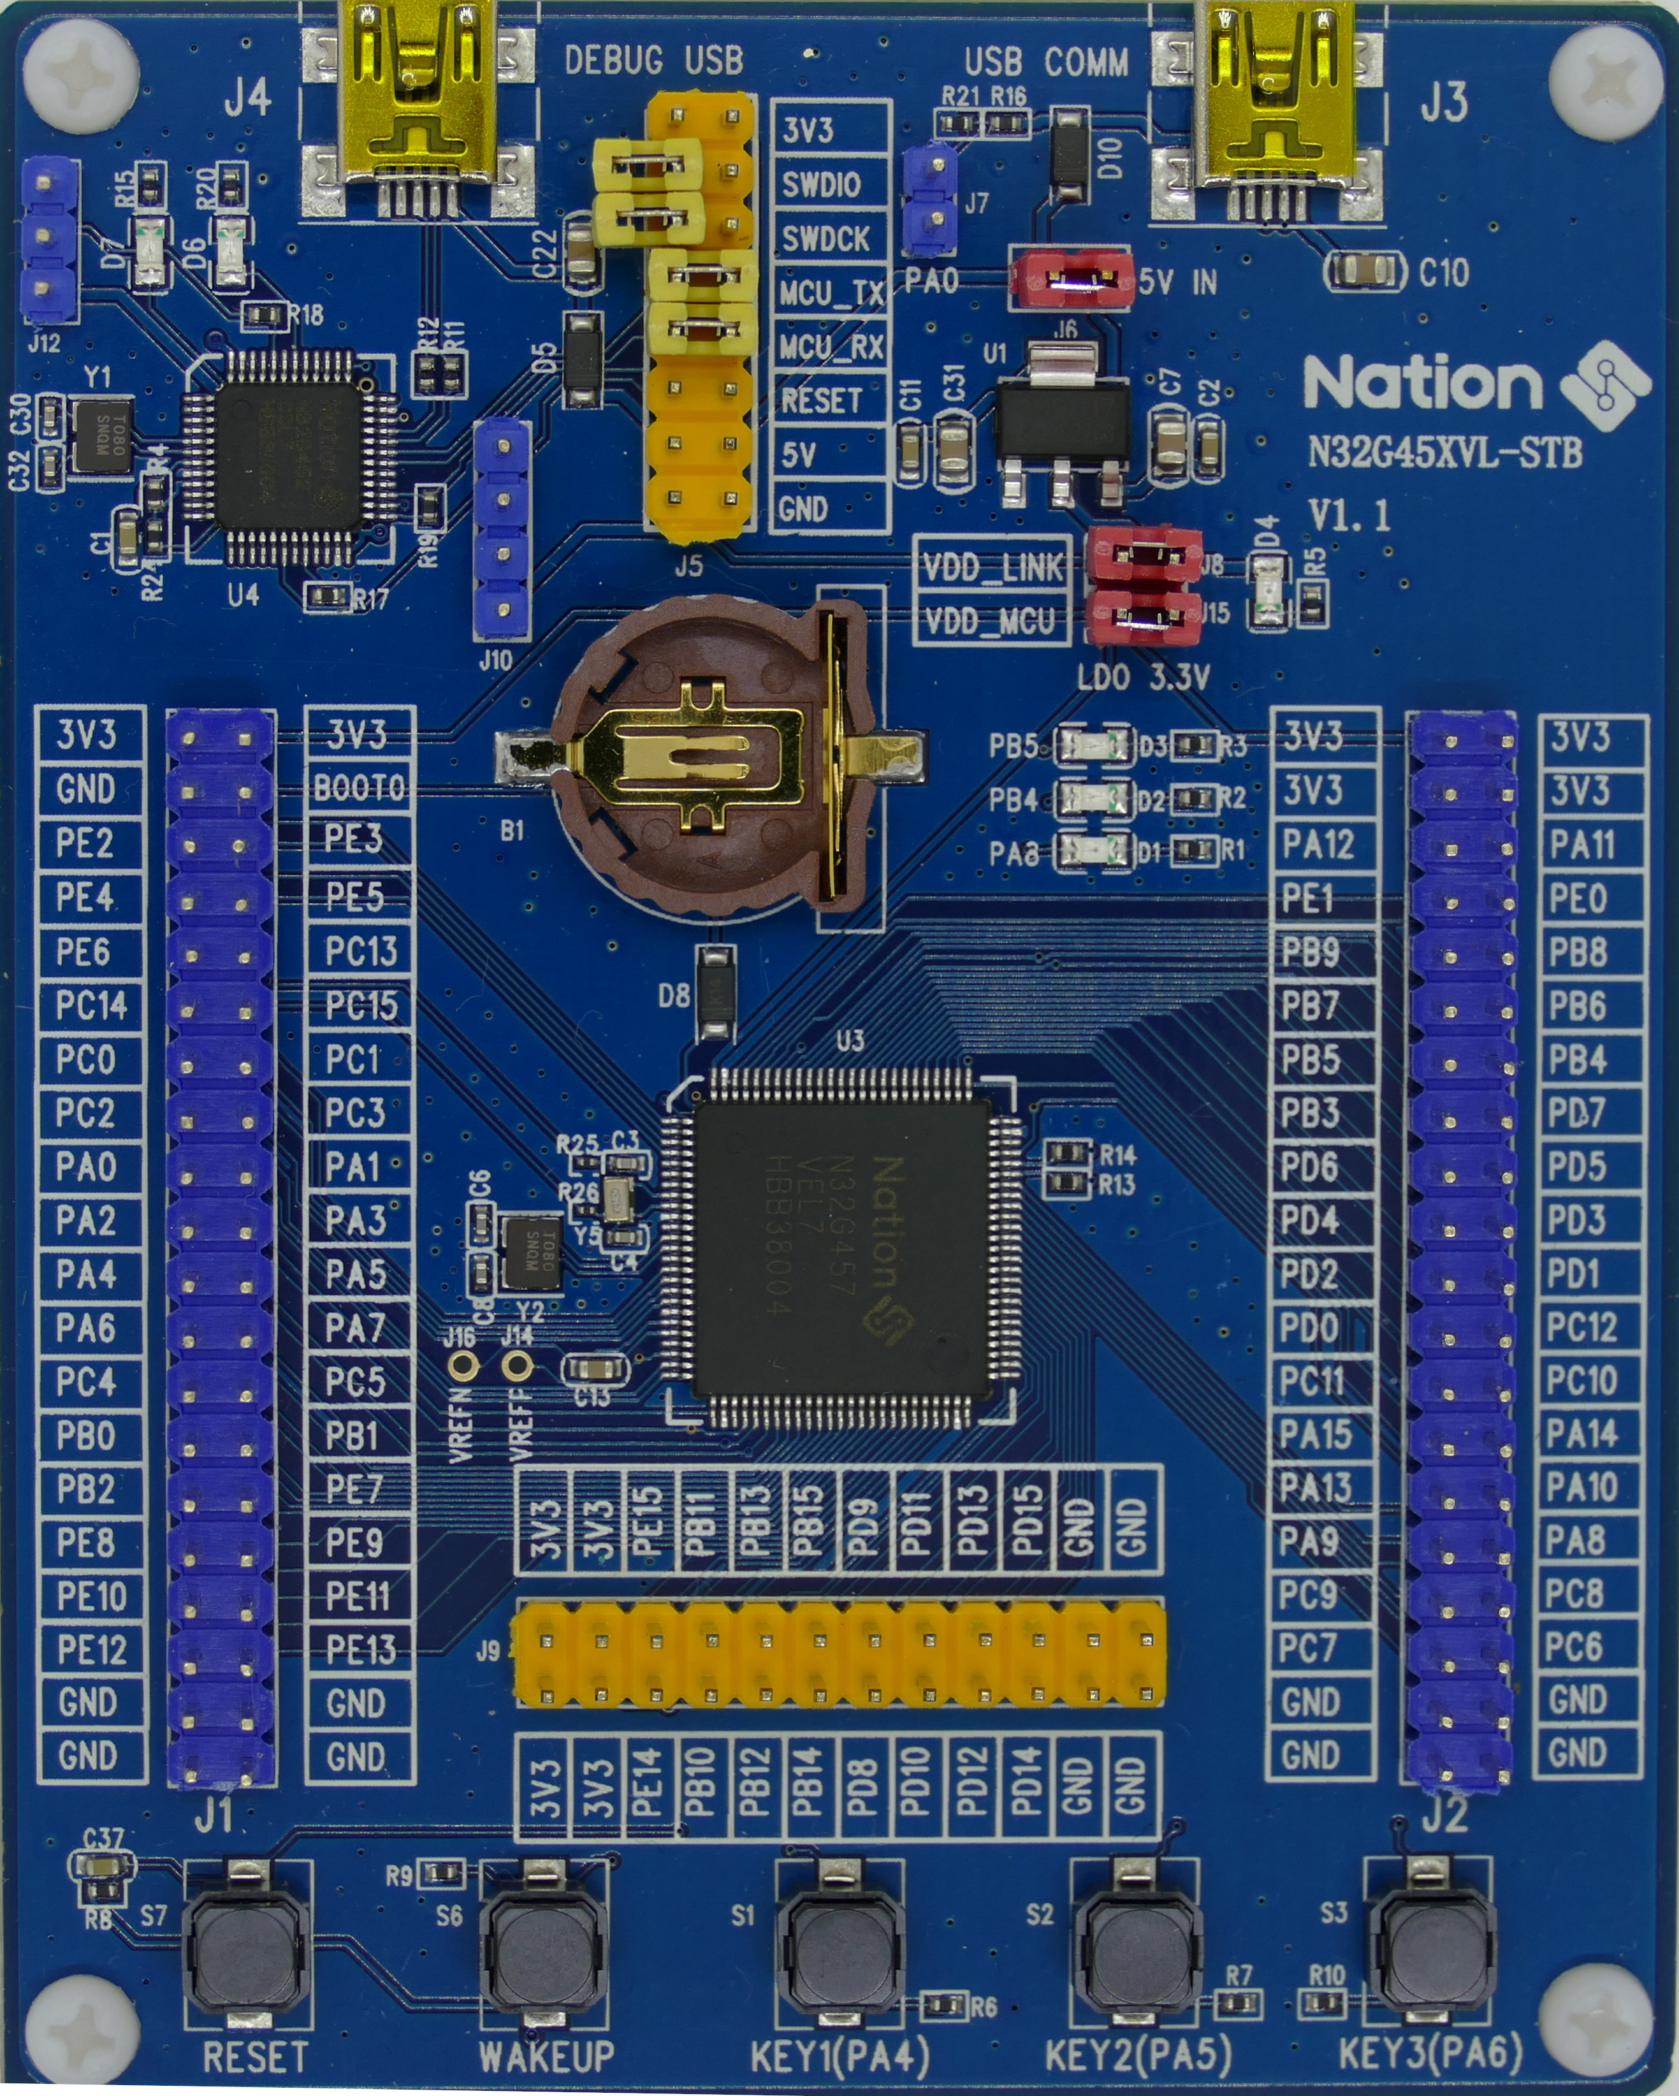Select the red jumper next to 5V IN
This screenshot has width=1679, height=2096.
(1072, 279)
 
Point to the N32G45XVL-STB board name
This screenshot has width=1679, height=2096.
(1444, 453)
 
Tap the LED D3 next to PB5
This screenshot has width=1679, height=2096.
(1094, 746)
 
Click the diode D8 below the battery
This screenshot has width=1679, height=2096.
(718, 993)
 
